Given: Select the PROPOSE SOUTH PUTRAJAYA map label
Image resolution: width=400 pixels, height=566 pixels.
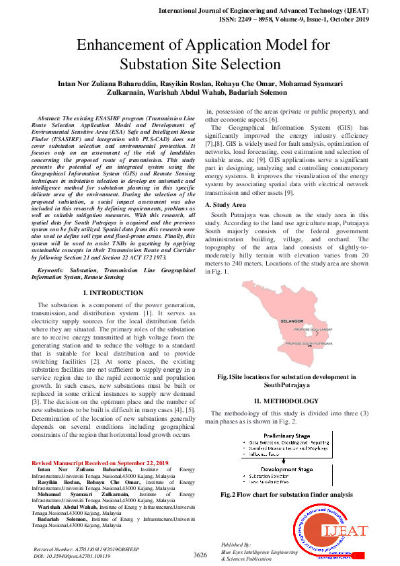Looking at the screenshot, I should tap(313, 344).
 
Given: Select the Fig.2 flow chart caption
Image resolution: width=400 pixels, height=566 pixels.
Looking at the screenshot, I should tap(286, 494).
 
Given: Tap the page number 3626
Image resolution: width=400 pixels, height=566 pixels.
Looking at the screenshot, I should tap(200, 555).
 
